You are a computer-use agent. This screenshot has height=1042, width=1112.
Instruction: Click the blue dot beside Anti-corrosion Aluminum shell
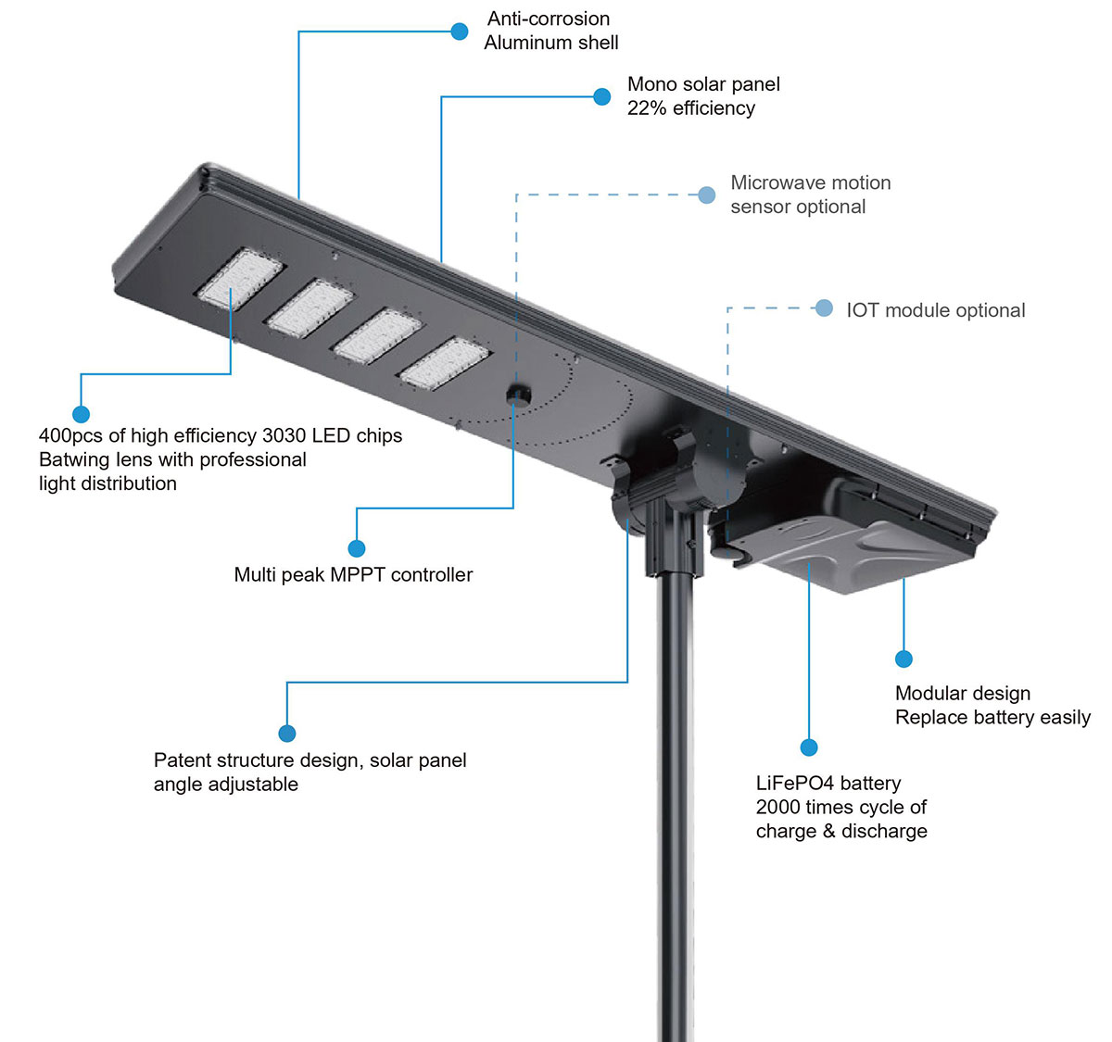tap(459, 31)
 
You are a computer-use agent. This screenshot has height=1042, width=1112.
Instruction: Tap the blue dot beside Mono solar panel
tap(602, 96)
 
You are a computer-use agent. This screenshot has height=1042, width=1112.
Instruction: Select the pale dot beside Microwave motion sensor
tap(707, 195)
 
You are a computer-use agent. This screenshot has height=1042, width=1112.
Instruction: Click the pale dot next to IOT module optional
tap(824, 308)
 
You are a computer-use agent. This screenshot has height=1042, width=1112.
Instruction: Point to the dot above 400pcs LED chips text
tap(82, 414)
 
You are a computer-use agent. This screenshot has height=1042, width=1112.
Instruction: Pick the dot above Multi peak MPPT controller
tap(357, 548)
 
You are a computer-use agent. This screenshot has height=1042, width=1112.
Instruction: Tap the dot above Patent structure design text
tap(286, 734)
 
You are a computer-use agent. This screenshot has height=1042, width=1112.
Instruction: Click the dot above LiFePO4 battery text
tap(809, 747)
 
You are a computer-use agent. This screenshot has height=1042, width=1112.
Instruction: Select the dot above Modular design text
tap(903, 659)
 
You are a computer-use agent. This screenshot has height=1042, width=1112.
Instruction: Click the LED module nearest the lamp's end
tap(240, 279)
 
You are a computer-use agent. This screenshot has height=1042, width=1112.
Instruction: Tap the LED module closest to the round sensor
tap(445, 363)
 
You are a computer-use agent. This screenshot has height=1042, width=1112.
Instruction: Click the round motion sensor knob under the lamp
tap(519, 395)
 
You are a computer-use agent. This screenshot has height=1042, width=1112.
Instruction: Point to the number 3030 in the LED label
tap(284, 435)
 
